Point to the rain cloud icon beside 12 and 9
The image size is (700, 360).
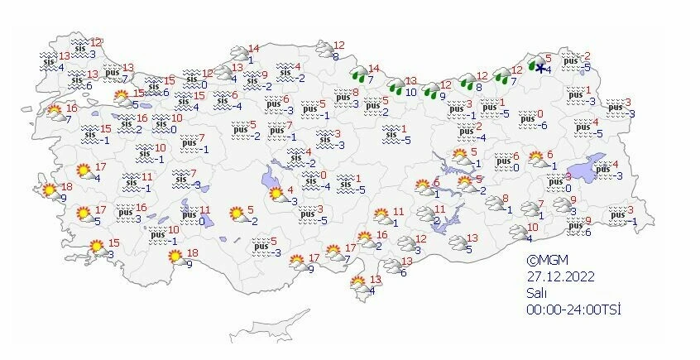(x=433, y=90)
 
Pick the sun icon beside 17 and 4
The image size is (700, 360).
(x=84, y=171)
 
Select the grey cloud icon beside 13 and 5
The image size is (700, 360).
(x=457, y=242)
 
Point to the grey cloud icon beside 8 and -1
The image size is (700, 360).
(x=496, y=202)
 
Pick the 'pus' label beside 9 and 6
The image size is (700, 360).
(x=573, y=225)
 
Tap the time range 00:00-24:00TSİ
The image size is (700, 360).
(x=574, y=310)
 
